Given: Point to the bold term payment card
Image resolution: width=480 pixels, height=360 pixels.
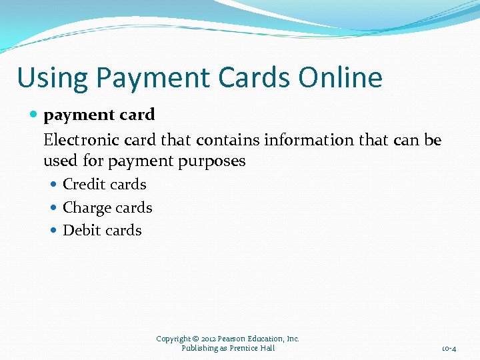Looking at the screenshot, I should pos(99,115).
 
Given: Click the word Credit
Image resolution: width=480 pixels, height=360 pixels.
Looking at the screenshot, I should pos(83,185).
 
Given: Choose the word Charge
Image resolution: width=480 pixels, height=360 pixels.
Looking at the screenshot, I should pos(87,207).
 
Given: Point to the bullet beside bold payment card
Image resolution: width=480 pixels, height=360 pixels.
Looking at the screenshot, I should pos(35,115).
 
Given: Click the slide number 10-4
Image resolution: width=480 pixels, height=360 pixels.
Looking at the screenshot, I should pos(449,349).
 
